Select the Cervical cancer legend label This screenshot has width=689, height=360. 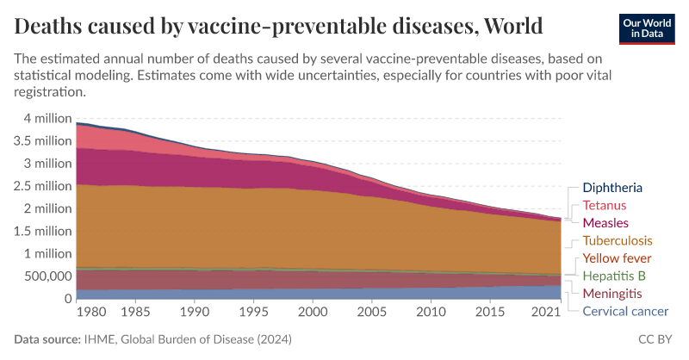[625, 312]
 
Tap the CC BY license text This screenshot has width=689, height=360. [656, 340]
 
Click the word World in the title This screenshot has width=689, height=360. [513, 26]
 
